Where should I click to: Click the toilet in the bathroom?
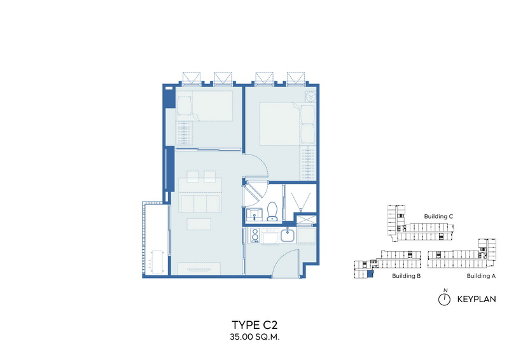tap(272, 211)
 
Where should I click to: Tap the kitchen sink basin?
tap(288, 235)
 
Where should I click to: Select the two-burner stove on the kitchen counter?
tap(255, 235)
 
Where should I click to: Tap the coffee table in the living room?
tap(199, 224)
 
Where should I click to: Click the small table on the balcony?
tap(157, 261)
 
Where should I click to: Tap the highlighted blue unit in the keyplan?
tap(370, 274)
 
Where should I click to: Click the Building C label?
tap(438, 216)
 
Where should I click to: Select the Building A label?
tap(481, 276)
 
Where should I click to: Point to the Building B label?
tap(406, 276)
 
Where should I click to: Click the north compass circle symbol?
tap(444, 300)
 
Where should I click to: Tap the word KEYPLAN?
tap(477, 300)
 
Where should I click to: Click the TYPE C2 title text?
tap(254, 324)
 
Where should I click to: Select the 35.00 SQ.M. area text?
tap(254, 337)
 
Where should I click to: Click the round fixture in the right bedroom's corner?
tap(310, 97)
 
